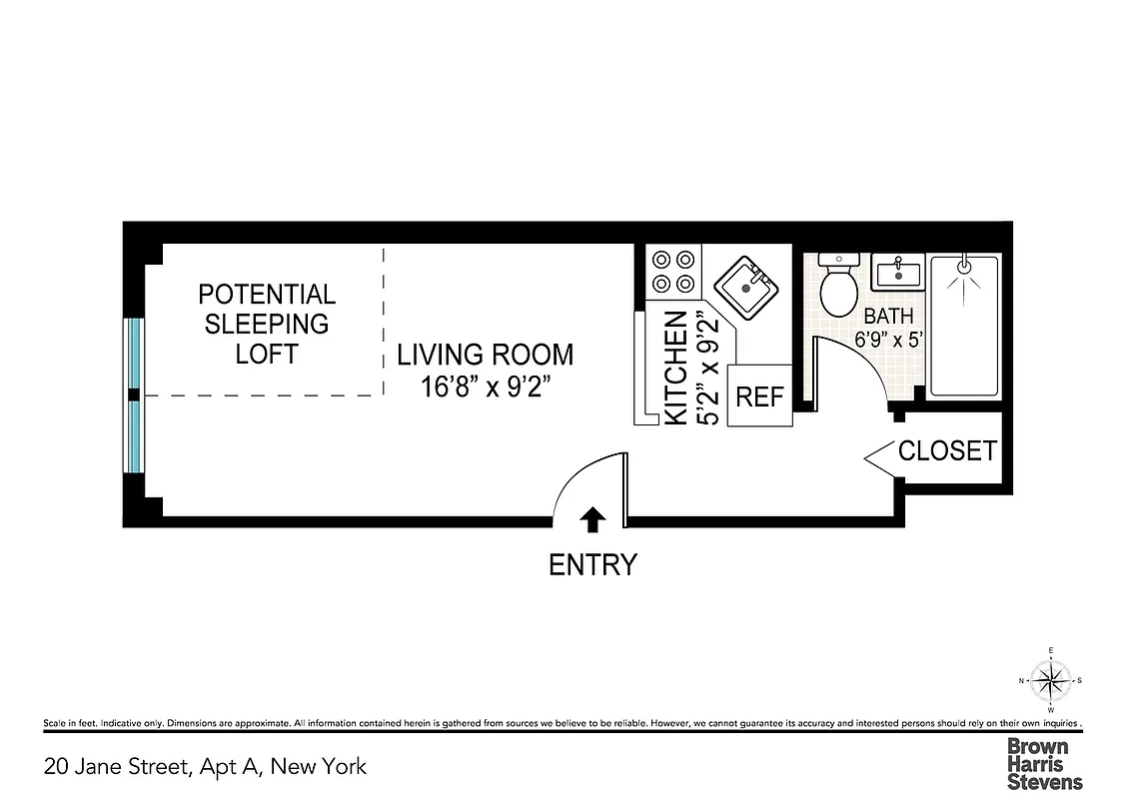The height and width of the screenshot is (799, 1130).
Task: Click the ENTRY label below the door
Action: coord(592,565)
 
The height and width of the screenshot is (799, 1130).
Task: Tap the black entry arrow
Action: coord(592,517)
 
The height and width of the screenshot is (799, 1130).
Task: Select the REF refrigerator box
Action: coord(759,397)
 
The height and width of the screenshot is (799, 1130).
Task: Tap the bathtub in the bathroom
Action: coord(964,326)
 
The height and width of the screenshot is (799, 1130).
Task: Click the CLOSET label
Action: coord(947,451)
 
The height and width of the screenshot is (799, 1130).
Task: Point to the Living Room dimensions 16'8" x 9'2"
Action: coord(486,387)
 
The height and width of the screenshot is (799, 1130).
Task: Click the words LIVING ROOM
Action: coord(486,355)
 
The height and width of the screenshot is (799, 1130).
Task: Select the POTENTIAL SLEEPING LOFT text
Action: coord(267,325)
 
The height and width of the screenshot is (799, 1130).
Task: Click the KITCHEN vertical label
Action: coord(676,368)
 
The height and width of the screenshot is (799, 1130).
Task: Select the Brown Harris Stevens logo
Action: coord(1044,764)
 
